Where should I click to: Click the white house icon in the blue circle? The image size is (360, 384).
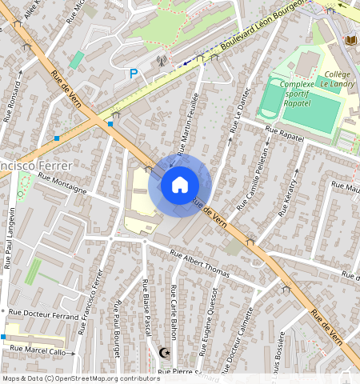pos(180,186)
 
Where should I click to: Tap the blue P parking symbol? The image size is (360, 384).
pos(134,73)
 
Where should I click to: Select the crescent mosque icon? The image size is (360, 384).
pos(166,352)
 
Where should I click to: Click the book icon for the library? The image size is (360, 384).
pos(350,41)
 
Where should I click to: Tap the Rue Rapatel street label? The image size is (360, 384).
pos(286,138)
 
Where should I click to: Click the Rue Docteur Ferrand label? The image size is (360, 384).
pos(43,314)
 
